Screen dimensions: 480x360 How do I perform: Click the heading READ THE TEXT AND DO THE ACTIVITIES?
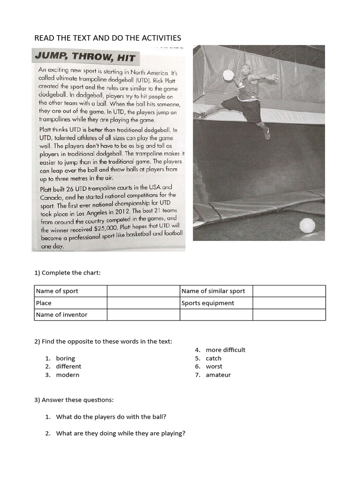pos(108,38)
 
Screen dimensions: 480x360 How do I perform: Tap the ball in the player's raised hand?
pos(228,75)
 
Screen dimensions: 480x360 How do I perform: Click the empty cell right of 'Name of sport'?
pos(143,291)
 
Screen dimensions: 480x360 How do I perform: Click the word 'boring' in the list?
pos(65,358)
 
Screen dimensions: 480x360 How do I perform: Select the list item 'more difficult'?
pos(225,350)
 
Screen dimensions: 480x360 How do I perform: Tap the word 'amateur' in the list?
pos(218,375)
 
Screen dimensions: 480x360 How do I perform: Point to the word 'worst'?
pos(214,367)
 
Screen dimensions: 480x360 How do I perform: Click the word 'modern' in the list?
pos(67,375)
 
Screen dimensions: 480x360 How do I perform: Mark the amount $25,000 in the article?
pos(105,229)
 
